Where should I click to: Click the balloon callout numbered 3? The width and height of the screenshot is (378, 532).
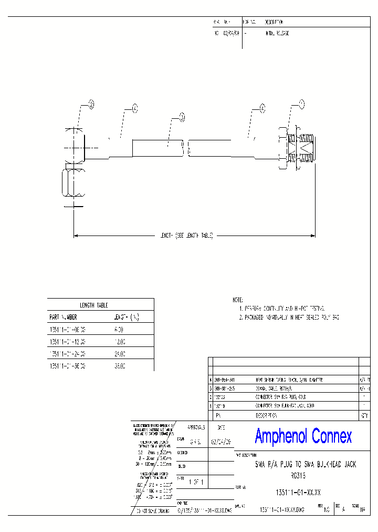point(182,118)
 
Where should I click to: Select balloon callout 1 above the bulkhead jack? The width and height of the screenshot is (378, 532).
point(301,104)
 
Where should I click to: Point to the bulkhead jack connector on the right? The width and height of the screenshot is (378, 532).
point(297,148)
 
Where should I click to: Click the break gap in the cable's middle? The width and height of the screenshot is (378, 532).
point(186,148)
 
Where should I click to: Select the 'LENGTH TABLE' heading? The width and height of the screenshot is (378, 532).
point(93,305)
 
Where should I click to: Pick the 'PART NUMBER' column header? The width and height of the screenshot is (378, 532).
point(63,317)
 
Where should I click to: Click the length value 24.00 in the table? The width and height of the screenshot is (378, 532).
point(120,354)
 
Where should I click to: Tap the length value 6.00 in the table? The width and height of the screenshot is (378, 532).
point(119,330)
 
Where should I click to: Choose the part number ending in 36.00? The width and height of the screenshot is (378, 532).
point(67,366)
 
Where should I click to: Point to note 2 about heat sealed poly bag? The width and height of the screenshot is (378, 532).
point(289,318)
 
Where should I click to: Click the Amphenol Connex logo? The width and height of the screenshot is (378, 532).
point(303,436)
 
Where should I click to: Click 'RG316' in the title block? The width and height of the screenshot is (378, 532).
point(298,474)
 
